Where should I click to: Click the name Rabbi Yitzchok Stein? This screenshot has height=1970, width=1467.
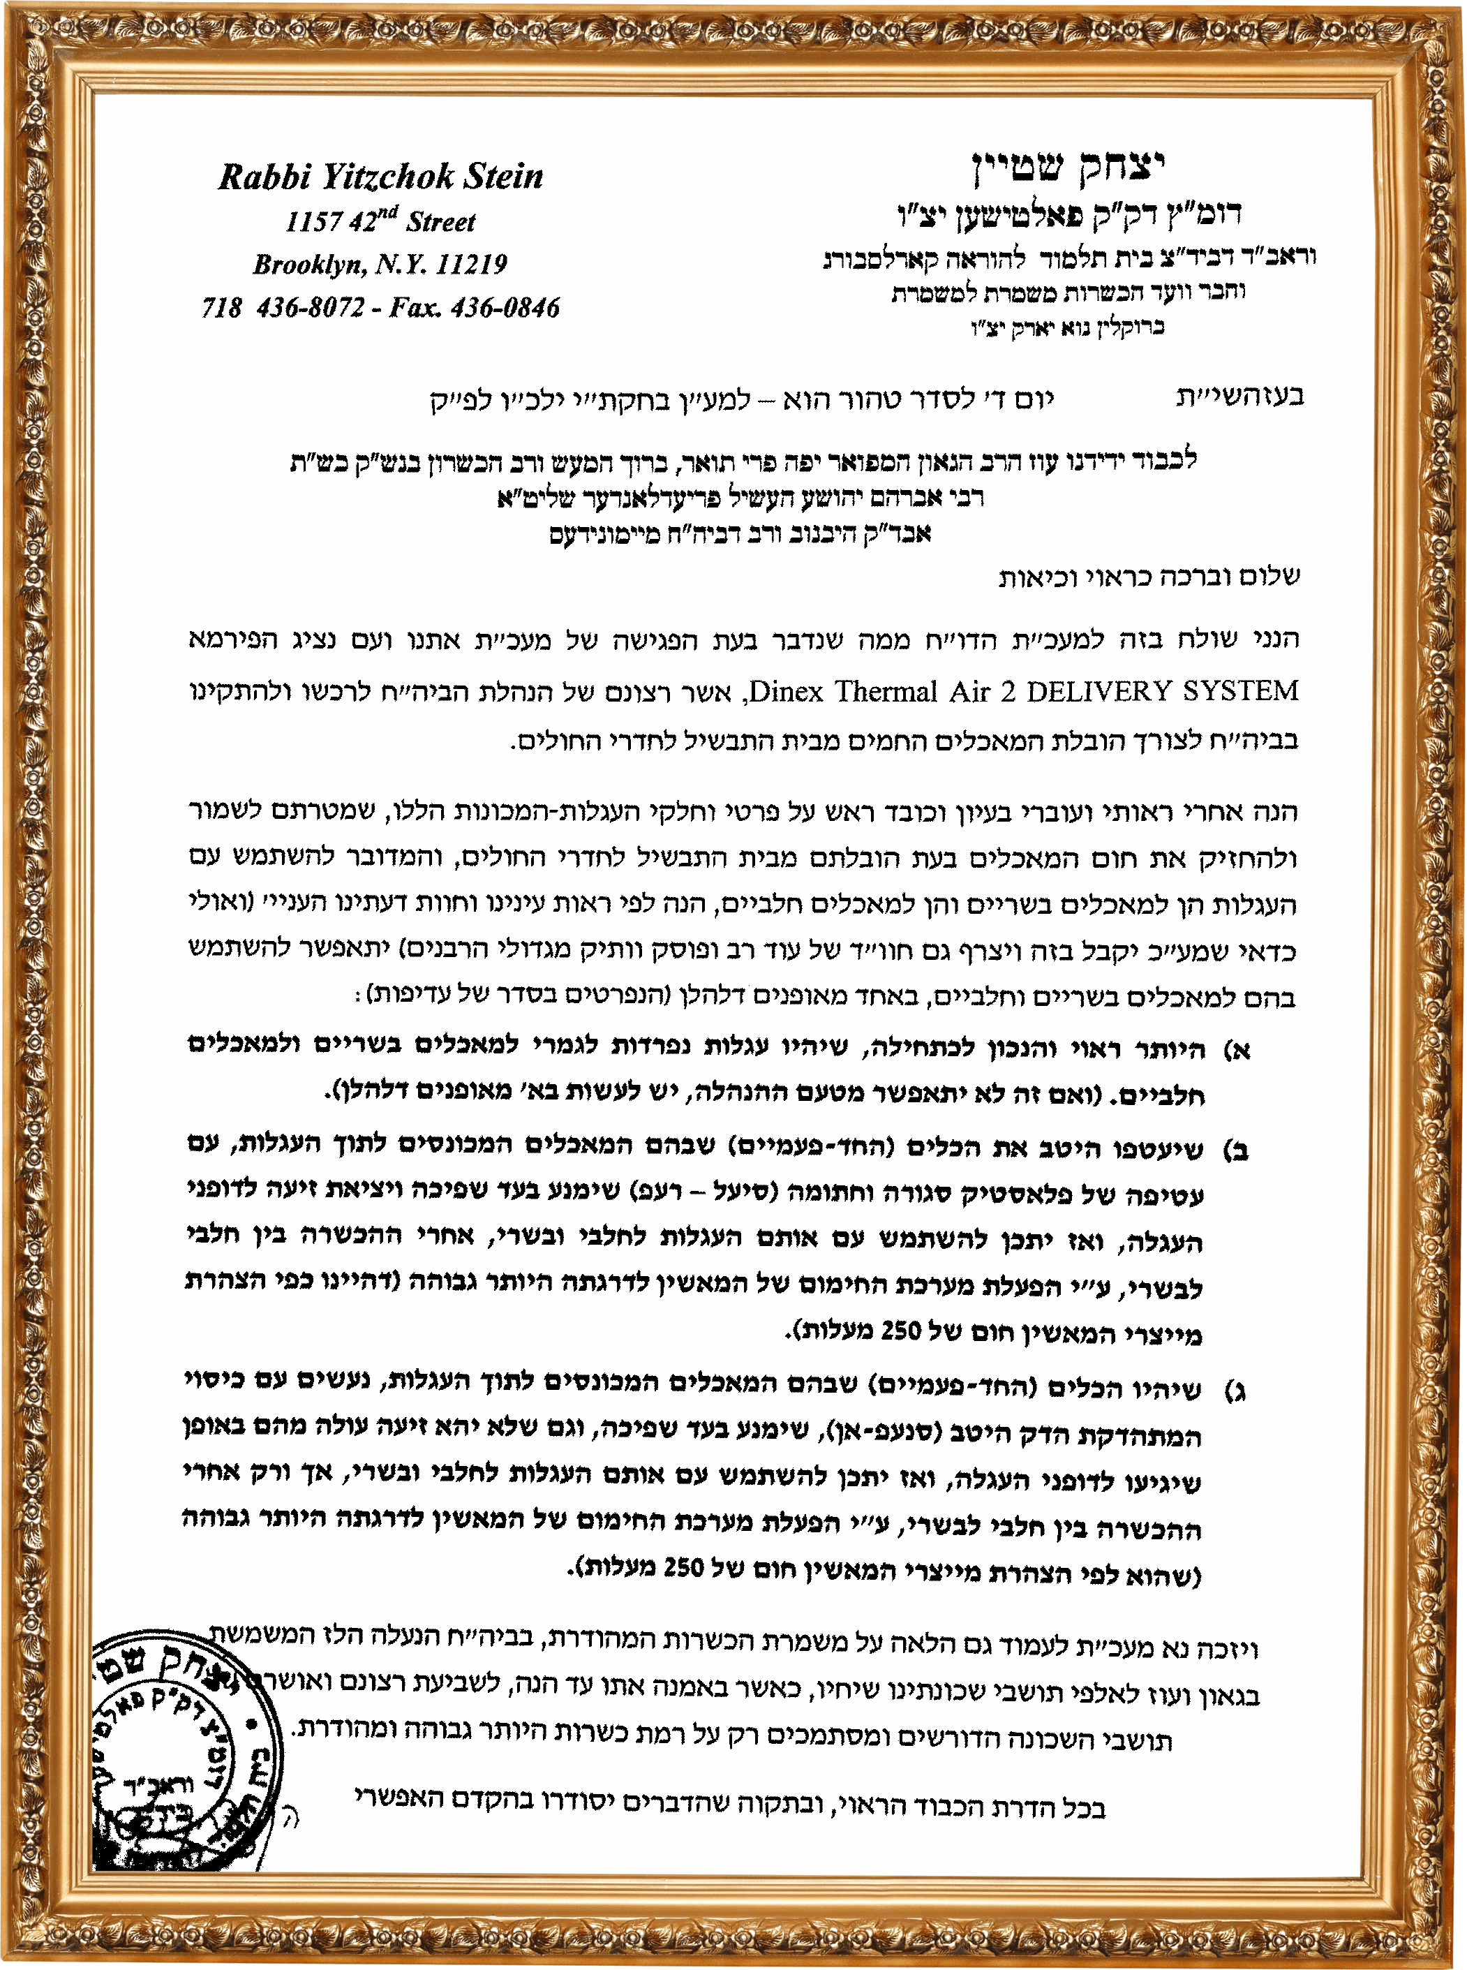coord(380,177)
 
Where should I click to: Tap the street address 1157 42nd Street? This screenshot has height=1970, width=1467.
coord(380,221)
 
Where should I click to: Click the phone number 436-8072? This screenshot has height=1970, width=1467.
coord(310,307)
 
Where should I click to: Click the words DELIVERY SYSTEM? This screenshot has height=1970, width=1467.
coord(1163,690)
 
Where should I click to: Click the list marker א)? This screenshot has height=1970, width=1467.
coord(1237,1051)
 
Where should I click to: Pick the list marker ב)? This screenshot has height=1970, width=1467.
coord(1236,1150)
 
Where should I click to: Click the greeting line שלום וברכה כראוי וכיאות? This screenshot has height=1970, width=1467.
coord(1149,577)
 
